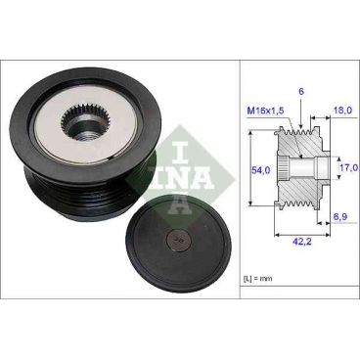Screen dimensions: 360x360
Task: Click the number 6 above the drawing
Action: click(303, 91)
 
